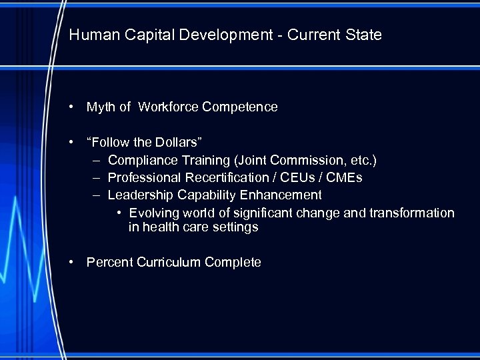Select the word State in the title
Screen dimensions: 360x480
click(x=363, y=35)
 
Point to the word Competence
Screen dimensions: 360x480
click(x=240, y=107)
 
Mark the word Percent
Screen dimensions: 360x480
click(x=109, y=263)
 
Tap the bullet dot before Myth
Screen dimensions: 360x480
click(x=71, y=107)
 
